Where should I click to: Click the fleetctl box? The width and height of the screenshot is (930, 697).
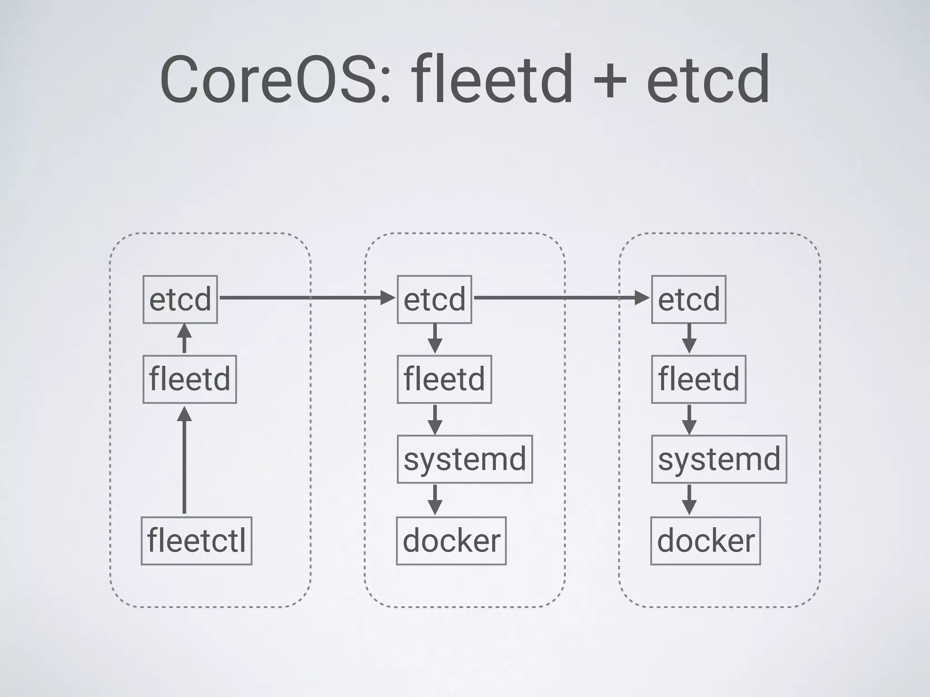click(x=197, y=540)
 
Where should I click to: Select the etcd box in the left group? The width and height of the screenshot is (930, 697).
click(x=180, y=299)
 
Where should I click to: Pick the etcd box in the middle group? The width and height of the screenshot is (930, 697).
click(x=435, y=299)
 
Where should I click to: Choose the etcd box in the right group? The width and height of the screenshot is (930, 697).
click(x=689, y=299)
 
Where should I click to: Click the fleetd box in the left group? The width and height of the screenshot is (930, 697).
click(x=190, y=379)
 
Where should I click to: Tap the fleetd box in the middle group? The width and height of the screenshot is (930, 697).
click(x=444, y=379)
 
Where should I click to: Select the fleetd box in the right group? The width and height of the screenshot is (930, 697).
click(x=698, y=379)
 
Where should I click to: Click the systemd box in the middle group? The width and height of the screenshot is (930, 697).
click(x=465, y=459)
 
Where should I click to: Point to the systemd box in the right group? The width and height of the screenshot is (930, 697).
click(x=719, y=459)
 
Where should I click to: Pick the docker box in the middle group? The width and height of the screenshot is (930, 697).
click(x=451, y=540)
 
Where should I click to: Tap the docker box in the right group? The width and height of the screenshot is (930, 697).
click(x=706, y=540)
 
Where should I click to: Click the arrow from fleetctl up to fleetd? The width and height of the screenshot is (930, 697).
click(x=184, y=461)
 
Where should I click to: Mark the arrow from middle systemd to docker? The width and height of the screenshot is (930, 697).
click(x=435, y=500)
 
